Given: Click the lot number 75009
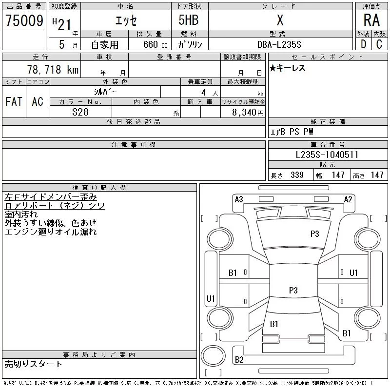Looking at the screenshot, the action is (24, 20).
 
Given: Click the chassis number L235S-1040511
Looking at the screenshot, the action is (327, 155).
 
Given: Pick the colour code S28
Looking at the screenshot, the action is (80, 112).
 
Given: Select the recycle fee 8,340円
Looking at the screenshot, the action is (248, 112).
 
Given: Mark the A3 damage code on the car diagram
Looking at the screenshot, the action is (239, 199).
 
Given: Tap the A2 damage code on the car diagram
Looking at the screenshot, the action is (348, 199).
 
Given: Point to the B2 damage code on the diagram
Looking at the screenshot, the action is (239, 360).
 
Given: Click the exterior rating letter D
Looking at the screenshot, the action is (363, 44).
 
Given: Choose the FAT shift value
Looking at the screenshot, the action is (14, 101).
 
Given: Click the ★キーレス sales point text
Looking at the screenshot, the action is (288, 68).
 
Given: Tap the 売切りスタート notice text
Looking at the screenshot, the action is (33, 364).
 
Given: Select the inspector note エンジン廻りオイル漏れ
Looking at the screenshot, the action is (50, 232).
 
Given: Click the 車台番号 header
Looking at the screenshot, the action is (327, 145).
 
